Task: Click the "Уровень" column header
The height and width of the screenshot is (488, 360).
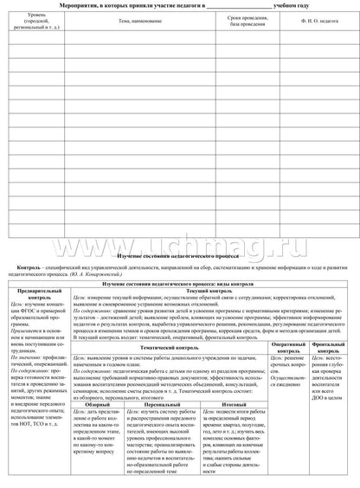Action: click(x=35, y=16)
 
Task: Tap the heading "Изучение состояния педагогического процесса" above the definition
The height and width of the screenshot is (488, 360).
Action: click(x=180, y=251)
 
